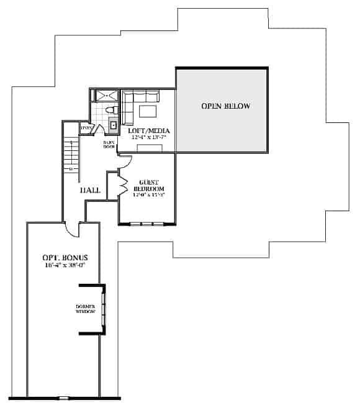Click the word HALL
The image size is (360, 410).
(90, 190)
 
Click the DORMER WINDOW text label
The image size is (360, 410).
(85, 309)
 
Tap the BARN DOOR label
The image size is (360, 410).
(109, 145)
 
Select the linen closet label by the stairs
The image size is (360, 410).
(87, 129)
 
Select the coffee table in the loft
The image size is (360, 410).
(147, 111)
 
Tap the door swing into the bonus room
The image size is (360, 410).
(73, 229)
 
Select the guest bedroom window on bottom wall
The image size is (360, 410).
(148, 223)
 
